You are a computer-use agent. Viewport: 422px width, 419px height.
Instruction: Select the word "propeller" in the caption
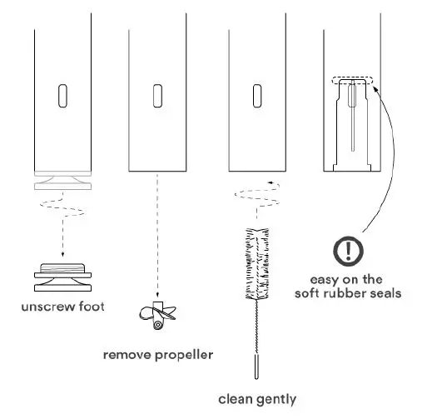[x=183, y=356]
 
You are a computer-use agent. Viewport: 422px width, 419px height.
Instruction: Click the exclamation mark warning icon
[x=348, y=250]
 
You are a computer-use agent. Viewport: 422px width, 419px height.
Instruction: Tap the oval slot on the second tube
[x=156, y=96]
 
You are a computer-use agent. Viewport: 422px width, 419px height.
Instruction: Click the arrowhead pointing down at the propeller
[x=156, y=291]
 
